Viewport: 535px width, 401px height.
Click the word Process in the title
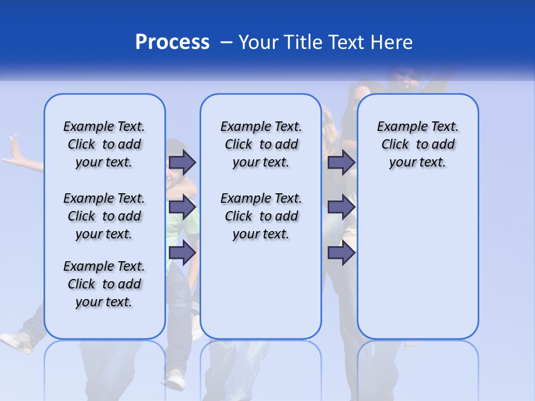coord(172,42)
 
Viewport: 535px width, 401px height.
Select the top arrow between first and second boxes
coord(182,162)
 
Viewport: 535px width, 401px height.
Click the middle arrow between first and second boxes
coord(182,207)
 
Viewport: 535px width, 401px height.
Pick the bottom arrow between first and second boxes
coord(182,252)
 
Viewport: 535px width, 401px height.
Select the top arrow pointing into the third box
coord(341,162)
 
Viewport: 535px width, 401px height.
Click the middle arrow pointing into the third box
coord(341,207)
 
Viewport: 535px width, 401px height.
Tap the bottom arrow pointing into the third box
coord(341,252)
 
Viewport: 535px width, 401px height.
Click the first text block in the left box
coord(104,144)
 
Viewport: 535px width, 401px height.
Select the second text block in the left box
coord(104,216)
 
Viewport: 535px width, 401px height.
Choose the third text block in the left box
coord(104,284)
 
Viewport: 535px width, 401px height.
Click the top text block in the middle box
coord(261,144)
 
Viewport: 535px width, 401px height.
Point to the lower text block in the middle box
coord(261,216)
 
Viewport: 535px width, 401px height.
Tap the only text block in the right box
coord(417,144)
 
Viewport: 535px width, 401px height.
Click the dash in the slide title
coord(226,42)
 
